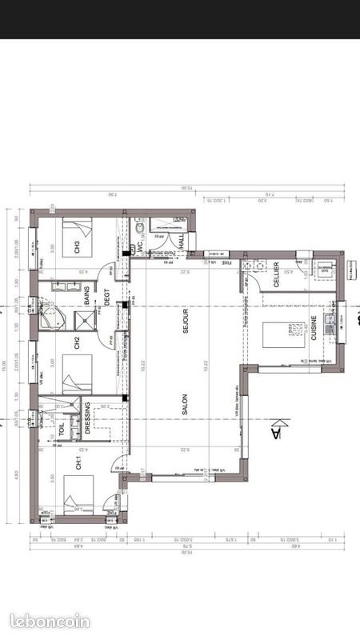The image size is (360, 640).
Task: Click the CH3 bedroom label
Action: coord(78,248)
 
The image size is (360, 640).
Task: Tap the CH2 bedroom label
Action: coord(78,344)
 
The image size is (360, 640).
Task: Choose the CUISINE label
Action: coord(314,329)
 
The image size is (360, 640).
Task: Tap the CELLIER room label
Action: coord(276,274)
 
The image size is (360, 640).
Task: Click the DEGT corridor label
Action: coord(105,298)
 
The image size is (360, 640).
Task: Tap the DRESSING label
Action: coord(87,419)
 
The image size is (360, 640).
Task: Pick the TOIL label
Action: coord(62,429)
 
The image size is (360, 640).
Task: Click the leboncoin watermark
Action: coord(50,621)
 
